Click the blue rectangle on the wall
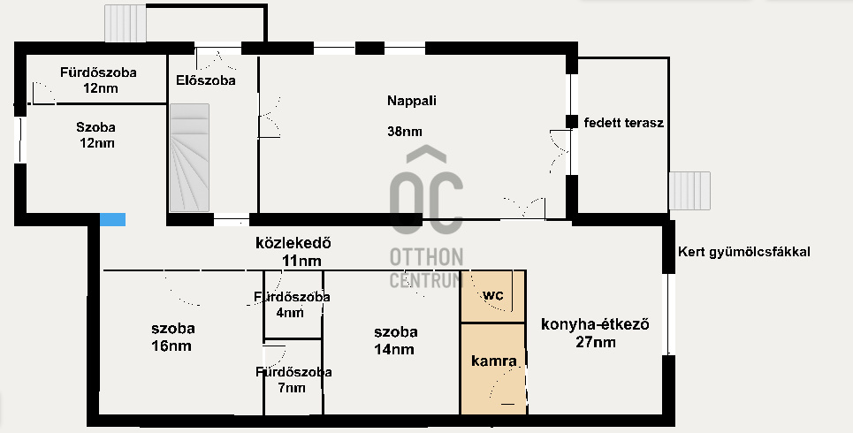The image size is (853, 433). (x=112, y=219)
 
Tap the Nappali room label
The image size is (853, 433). (x=412, y=101)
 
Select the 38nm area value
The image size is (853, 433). (x=405, y=131)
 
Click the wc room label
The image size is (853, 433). (x=493, y=295)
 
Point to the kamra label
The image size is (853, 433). (x=494, y=361)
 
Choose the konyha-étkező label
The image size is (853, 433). (x=595, y=325)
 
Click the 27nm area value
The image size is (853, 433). (x=596, y=342)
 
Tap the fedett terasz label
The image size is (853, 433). (x=624, y=123)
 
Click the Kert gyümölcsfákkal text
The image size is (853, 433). (x=744, y=252)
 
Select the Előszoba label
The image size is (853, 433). (x=206, y=80)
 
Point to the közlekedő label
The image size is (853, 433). (x=293, y=243)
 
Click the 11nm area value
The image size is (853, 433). (x=301, y=261)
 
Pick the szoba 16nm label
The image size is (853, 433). (x=172, y=338)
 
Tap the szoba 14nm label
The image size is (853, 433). (x=395, y=340)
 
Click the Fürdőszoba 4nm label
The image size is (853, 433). (x=292, y=305)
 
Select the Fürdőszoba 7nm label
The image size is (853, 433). (x=293, y=380)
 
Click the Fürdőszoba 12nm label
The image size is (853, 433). (x=98, y=80)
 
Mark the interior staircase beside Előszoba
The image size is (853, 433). (x=189, y=158)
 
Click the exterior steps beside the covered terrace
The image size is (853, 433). (x=689, y=190)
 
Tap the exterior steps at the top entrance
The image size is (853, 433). (x=126, y=23)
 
